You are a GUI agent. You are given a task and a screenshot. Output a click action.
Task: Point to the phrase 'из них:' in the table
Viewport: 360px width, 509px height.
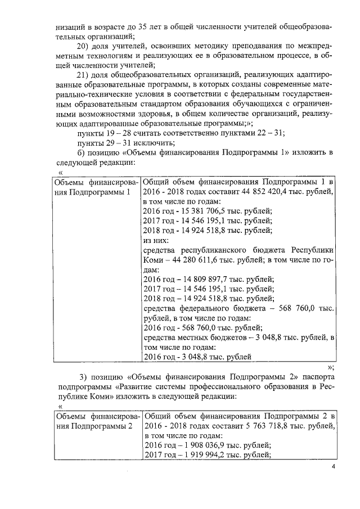[x=156, y=240]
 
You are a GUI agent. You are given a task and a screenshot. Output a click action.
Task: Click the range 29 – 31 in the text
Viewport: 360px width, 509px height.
[x=118, y=143]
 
